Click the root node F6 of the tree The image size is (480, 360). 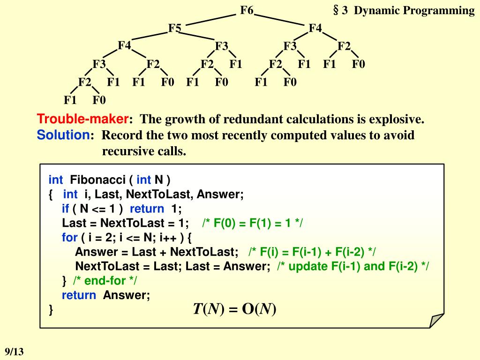[x=247, y=10]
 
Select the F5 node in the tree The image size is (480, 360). [x=175, y=28]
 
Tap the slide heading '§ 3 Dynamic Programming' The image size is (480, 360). [x=404, y=11]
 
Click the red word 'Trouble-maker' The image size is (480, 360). [x=83, y=119]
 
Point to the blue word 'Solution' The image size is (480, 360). [x=63, y=135]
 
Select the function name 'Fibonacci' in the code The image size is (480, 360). [x=99, y=180]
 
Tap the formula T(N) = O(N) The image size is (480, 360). [x=234, y=309]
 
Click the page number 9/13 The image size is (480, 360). [x=14, y=351]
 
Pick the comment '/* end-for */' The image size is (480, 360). [x=105, y=281]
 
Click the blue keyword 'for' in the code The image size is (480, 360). [x=69, y=238]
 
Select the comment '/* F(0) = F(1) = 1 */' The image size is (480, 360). [x=253, y=223]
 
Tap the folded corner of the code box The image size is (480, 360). [x=436, y=320]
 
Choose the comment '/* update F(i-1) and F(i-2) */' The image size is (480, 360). [x=353, y=266]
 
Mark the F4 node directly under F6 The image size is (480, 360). [x=315, y=28]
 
